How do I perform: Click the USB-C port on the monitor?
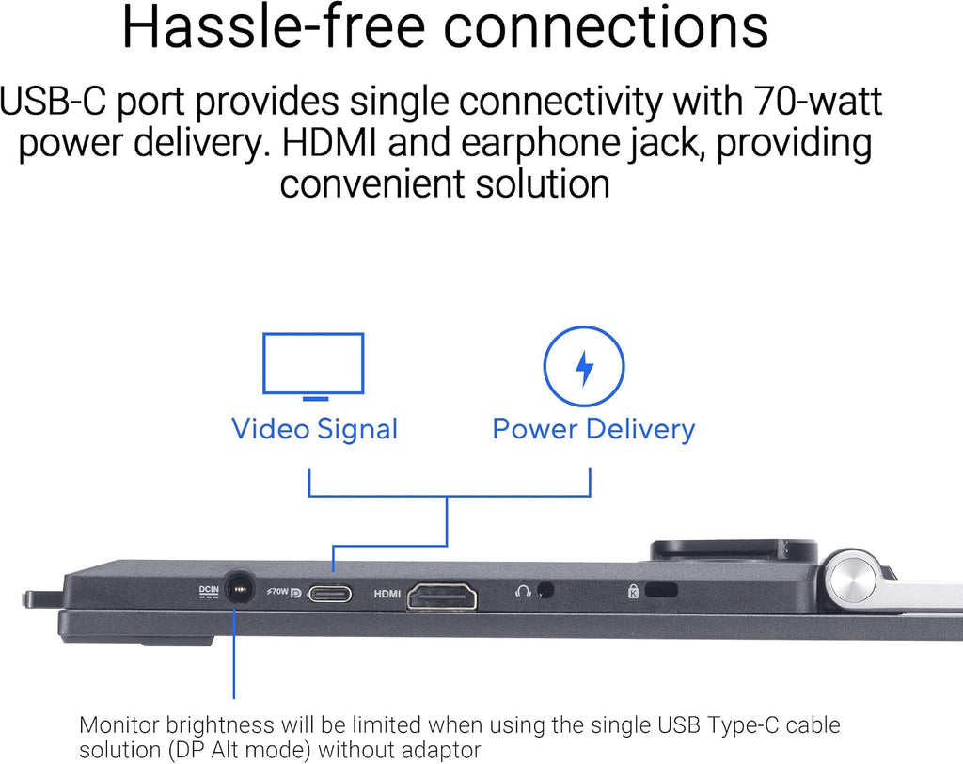click(x=330, y=594)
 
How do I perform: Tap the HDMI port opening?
click(x=442, y=595)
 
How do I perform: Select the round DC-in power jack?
click(x=239, y=589)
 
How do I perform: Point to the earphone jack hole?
click(x=545, y=590)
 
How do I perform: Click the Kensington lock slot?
click(x=661, y=590)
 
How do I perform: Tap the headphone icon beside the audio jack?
click(x=523, y=591)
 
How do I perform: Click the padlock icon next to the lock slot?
click(x=633, y=591)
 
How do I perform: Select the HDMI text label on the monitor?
click(x=387, y=594)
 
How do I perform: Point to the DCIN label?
click(x=209, y=591)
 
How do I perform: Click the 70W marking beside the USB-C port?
click(x=277, y=591)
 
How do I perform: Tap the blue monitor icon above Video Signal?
click(x=313, y=366)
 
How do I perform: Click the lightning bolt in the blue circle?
click(x=585, y=367)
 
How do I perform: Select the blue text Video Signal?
click(x=315, y=429)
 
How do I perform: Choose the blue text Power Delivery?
click(x=594, y=429)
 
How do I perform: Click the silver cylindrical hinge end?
click(x=851, y=579)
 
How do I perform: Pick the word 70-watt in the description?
click(x=818, y=101)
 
